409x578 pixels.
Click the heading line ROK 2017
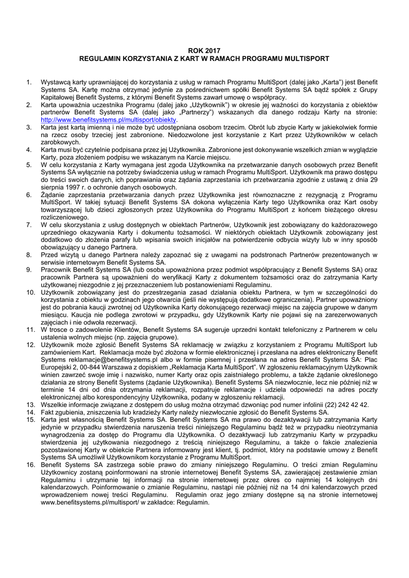pyautogui.click(x=204, y=51)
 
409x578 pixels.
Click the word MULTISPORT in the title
pyautogui.click(x=305, y=58)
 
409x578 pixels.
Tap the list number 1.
pyautogui.click(x=29, y=82)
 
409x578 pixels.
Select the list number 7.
pyautogui.click(x=29, y=224)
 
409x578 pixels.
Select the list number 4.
pyautogui.click(x=29, y=150)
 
